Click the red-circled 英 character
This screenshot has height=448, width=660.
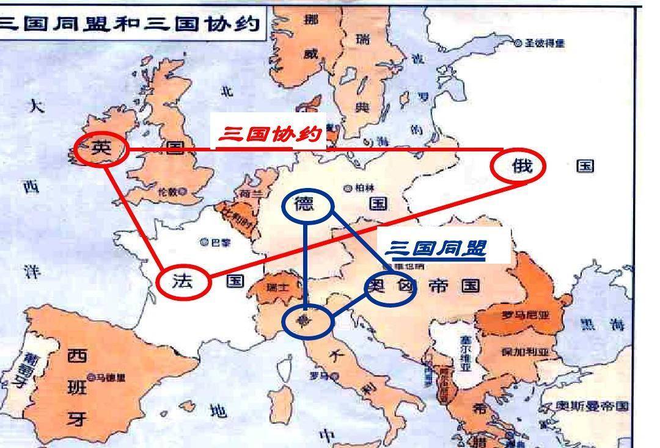(101, 148)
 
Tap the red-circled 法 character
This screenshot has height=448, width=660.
(183, 281)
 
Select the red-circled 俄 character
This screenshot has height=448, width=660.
(521, 166)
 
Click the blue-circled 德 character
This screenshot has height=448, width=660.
(304, 204)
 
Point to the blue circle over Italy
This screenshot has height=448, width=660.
(307, 322)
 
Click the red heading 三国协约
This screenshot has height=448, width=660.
(268, 134)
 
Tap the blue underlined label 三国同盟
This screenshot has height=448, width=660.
(436, 248)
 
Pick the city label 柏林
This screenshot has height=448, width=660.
(364, 188)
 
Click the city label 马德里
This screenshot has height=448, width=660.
(110, 377)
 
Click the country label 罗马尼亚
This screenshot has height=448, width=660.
(510, 316)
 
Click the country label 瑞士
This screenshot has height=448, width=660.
(276, 287)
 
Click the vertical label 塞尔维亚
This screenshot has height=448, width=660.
(466, 355)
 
